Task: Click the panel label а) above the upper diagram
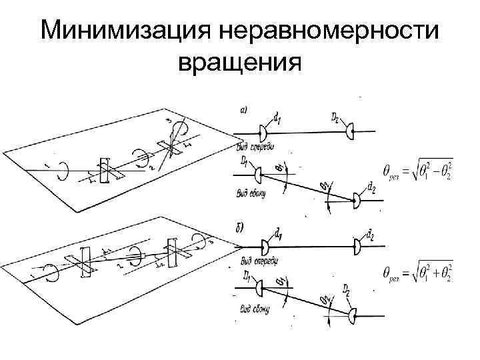click(x=244, y=111)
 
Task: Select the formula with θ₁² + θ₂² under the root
click(x=417, y=273)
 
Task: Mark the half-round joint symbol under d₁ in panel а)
click(x=262, y=133)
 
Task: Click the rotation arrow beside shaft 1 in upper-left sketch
click(x=62, y=170)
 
